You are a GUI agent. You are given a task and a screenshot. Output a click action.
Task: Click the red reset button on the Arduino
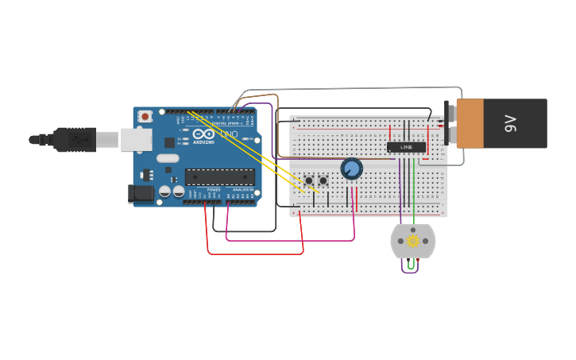[x=145, y=116]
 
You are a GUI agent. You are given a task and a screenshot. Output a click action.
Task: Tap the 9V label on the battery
[x=510, y=123]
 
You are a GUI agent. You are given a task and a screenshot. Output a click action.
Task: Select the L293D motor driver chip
[x=406, y=147]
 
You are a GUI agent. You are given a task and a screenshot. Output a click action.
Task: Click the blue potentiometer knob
[x=351, y=168]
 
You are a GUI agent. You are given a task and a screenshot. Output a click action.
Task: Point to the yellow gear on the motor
[x=413, y=241]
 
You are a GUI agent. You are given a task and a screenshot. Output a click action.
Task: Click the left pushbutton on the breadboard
[x=308, y=180]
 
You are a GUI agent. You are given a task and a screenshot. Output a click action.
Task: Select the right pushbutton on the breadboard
[x=323, y=180]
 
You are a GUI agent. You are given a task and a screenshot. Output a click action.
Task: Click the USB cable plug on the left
[x=75, y=139]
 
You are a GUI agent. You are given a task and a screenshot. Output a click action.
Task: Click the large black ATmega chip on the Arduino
[x=220, y=176]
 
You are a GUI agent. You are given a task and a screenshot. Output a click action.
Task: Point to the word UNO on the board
[x=229, y=134]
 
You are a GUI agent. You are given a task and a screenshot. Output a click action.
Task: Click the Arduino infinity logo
[x=203, y=134]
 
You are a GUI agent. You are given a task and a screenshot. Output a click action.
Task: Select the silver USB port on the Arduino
[x=136, y=140]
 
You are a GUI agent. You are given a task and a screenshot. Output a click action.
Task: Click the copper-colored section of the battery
[x=469, y=123]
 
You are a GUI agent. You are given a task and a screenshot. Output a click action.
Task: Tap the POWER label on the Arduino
[x=214, y=191]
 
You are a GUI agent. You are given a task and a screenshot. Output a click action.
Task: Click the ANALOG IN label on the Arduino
[x=243, y=191]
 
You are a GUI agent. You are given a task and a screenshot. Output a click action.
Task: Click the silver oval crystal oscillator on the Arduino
[x=168, y=158]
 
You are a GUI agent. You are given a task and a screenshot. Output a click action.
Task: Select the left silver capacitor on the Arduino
[x=164, y=191]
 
